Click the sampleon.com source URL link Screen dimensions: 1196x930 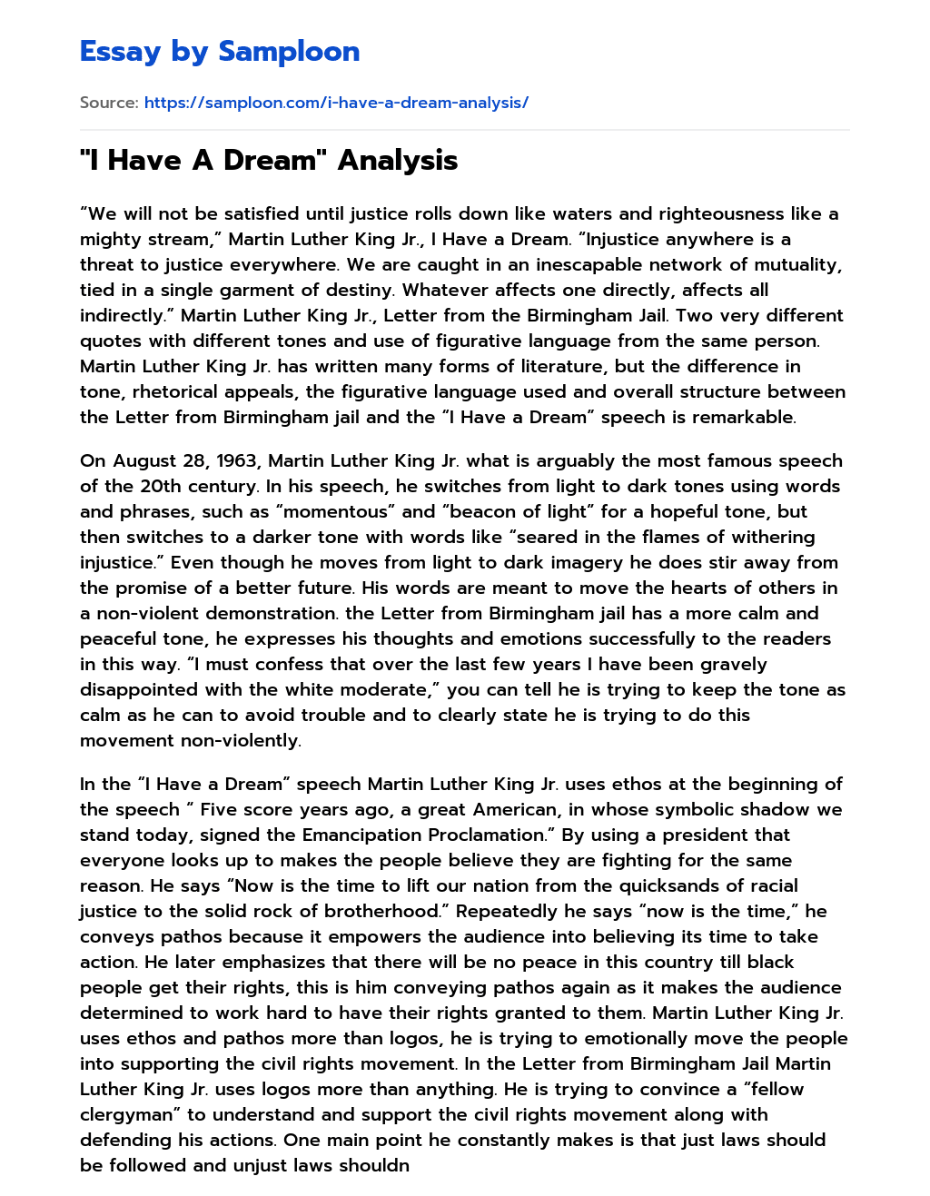coord(336,103)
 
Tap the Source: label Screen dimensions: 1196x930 coord(108,103)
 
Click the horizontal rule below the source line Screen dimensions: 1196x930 coord(464,130)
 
